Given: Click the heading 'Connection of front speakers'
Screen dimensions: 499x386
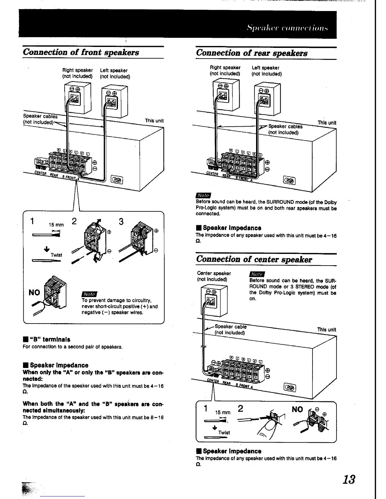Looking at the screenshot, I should coord(81,52).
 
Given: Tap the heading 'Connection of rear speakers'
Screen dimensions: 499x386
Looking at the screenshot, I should coord(252,53).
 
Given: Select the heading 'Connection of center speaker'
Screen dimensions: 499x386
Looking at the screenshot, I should coord(254,259).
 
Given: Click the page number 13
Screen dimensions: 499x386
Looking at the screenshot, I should coord(349,480).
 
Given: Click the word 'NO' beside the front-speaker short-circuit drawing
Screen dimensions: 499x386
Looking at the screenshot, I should coord(34,293).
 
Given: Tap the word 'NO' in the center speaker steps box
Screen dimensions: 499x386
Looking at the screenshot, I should coord(297,410).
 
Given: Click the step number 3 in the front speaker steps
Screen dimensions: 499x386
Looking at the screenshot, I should coord(121,222).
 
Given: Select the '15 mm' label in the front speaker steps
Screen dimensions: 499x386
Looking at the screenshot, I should coord(56,225).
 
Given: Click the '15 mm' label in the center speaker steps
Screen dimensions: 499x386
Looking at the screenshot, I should coord(223,412).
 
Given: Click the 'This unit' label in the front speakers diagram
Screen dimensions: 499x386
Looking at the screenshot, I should coord(154,121).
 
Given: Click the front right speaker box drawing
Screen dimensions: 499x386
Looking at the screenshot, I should coord(78,97).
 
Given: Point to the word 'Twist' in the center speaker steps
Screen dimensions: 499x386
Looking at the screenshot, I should coord(224,433).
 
